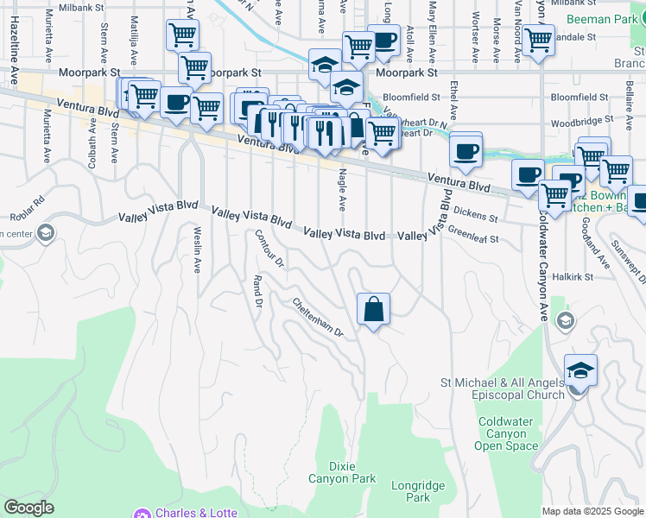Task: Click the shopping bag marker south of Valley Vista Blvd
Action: click(373, 309)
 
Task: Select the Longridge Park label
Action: click(411, 491)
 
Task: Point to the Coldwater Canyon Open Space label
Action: click(508, 433)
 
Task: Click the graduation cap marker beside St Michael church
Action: click(581, 370)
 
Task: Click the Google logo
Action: click(28, 508)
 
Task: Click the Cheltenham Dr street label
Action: click(318, 318)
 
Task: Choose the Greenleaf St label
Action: click(473, 234)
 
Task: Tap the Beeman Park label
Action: click(602, 18)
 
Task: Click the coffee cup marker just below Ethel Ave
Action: click(465, 150)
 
